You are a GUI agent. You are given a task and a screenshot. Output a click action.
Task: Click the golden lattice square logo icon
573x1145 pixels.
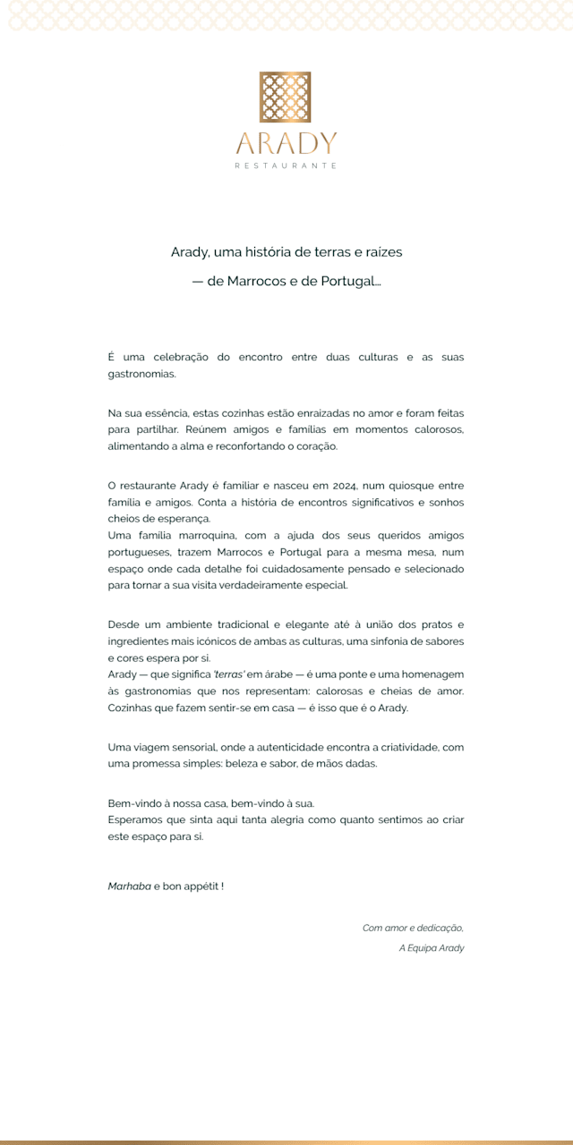coord(286,97)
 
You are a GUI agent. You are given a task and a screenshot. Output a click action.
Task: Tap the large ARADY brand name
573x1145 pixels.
coord(286,143)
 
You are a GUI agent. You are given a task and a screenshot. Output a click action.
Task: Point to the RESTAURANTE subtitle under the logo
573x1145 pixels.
coord(286,165)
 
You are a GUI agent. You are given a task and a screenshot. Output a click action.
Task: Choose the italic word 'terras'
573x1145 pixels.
coord(222,674)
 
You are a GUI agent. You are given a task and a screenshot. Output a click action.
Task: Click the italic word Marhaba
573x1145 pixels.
coord(129,886)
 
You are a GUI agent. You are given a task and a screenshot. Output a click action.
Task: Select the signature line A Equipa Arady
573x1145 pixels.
coord(432,947)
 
